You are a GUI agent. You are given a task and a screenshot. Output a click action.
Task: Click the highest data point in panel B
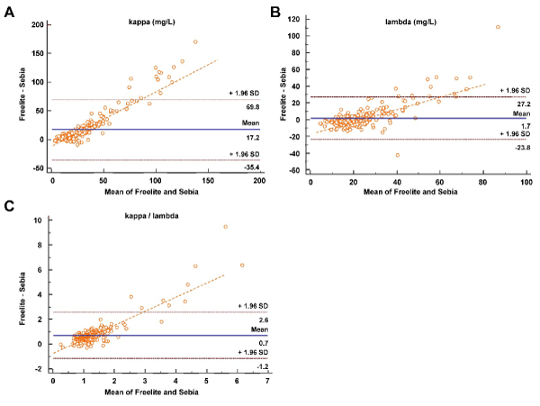click(x=498, y=27)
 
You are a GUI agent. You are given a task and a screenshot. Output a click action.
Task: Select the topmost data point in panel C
click(x=225, y=227)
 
